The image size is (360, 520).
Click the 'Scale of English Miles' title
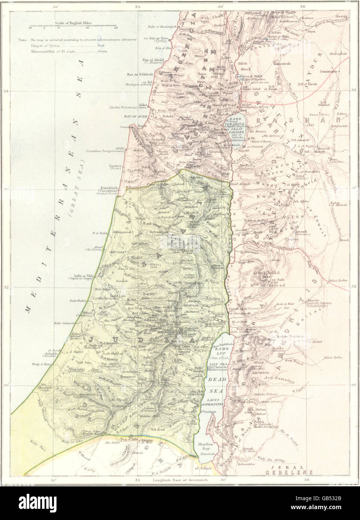coord(73,23)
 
